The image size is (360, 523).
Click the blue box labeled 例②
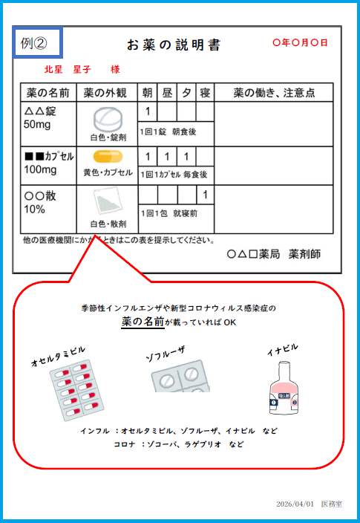(37, 42)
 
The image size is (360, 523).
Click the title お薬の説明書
(174, 45)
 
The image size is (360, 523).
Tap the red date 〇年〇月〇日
(300, 42)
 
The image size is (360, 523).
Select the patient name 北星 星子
(68, 69)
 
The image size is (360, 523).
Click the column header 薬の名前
(48, 93)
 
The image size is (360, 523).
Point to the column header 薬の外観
(105, 93)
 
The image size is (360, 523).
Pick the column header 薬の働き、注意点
(274, 93)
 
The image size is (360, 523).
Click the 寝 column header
(205, 93)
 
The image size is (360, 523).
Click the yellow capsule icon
(108, 157)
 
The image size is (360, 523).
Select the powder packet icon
(108, 202)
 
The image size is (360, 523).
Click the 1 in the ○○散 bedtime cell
(205, 195)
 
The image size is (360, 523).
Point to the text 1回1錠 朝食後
(168, 131)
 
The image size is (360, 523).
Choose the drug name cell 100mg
(40, 169)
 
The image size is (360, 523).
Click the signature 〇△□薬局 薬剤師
(274, 254)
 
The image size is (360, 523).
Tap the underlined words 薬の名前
(143, 322)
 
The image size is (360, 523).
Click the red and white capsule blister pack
(76, 390)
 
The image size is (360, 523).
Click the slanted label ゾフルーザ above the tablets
(166, 354)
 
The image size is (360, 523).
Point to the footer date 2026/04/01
(295, 504)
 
